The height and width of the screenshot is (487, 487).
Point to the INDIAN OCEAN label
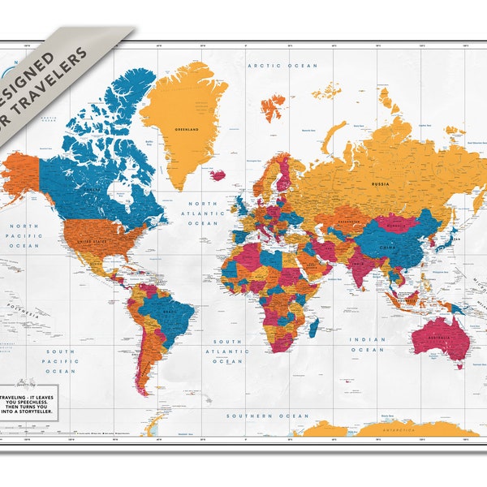tap(367, 344)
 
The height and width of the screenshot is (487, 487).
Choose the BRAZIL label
tap(171, 312)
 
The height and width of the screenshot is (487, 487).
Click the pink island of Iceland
tap(218, 175)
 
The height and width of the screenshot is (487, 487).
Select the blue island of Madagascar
tap(313, 326)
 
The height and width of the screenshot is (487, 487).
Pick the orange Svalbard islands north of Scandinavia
tap(273, 106)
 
